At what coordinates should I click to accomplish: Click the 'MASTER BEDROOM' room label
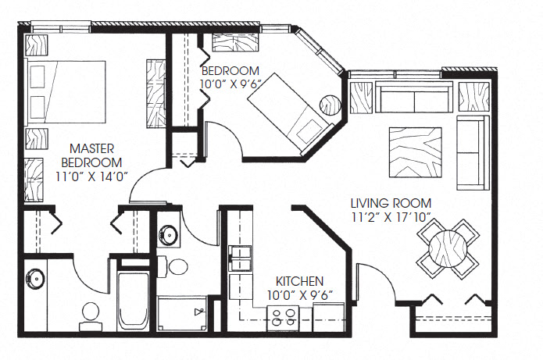pos(94,155)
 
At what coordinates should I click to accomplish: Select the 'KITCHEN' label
pos(300,281)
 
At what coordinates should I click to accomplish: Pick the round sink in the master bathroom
pos(34,276)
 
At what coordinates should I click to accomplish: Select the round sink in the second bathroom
pos(168,233)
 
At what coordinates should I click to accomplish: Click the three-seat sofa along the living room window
pos(414,100)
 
